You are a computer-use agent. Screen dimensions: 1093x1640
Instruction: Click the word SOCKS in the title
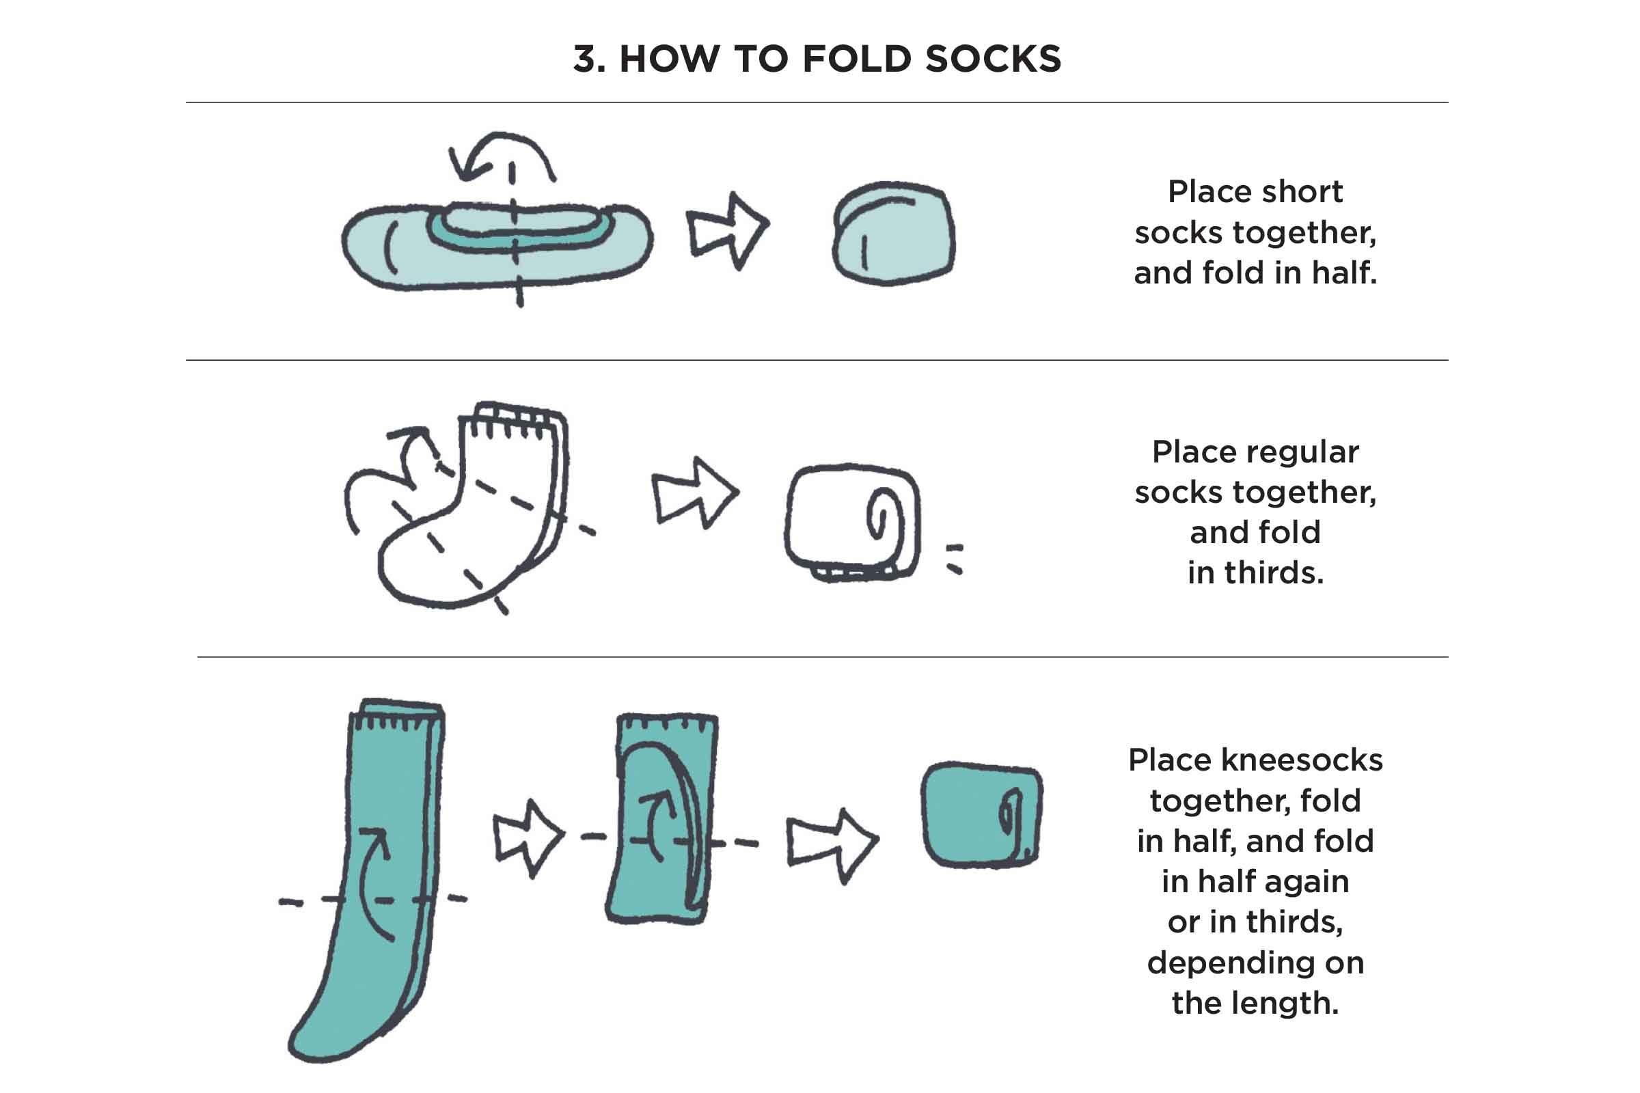coord(993,59)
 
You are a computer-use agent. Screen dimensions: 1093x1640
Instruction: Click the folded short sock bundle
coord(894,234)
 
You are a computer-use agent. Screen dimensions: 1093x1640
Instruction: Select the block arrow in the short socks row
coord(728,230)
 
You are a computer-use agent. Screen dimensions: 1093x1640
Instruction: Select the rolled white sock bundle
coord(852,521)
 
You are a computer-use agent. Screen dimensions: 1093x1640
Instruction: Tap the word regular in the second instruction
coord(1255,452)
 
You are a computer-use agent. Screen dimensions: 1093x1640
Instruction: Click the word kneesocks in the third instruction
coord(1301,760)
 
